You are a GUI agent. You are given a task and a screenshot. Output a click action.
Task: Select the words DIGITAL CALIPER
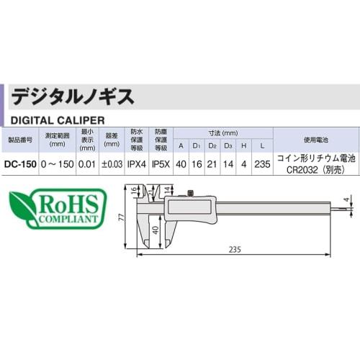(x=57, y=118)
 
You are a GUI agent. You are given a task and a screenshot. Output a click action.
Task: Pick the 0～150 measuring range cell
(x=57, y=163)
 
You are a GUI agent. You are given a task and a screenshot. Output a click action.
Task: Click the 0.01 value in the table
(x=88, y=163)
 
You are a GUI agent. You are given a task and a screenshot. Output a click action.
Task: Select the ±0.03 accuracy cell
(x=112, y=163)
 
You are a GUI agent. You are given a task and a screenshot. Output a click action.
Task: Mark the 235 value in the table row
(x=262, y=163)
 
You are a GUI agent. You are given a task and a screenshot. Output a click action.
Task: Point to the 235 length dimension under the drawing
(x=234, y=248)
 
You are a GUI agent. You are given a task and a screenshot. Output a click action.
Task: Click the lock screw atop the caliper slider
(x=192, y=192)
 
